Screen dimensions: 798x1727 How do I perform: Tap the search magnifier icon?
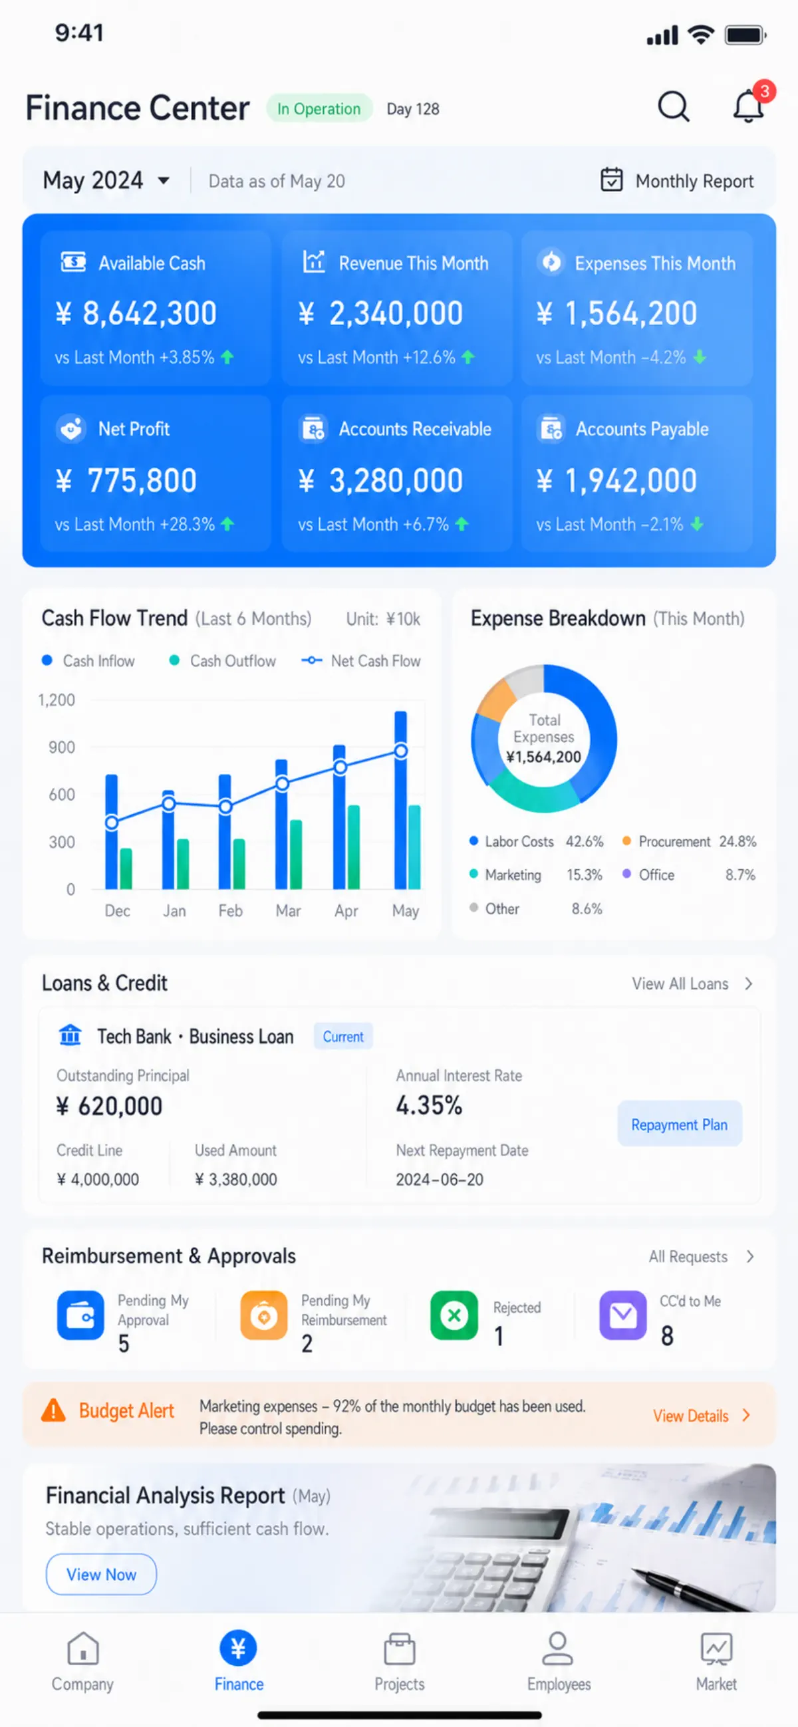[673, 106]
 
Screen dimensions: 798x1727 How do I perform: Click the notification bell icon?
[748, 105]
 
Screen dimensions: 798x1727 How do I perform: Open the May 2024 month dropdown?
[106, 180]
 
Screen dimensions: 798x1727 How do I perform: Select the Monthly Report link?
[676, 181]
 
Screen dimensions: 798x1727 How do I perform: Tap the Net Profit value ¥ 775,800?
[126, 480]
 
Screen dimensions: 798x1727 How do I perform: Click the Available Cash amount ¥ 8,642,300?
[136, 313]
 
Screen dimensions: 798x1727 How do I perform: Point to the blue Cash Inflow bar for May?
[400, 800]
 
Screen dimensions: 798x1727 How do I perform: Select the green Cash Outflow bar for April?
[353, 847]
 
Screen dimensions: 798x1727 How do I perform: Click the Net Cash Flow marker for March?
[283, 783]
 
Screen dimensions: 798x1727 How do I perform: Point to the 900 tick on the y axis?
[62, 747]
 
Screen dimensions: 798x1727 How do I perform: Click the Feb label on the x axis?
[230, 910]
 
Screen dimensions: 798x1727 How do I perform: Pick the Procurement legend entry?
[689, 841]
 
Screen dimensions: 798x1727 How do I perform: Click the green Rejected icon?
[454, 1315]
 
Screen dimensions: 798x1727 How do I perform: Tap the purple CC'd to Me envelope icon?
[623, 1315]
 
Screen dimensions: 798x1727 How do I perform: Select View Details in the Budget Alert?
[702, 1415]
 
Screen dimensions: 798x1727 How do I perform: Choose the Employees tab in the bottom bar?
[559, 1661]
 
